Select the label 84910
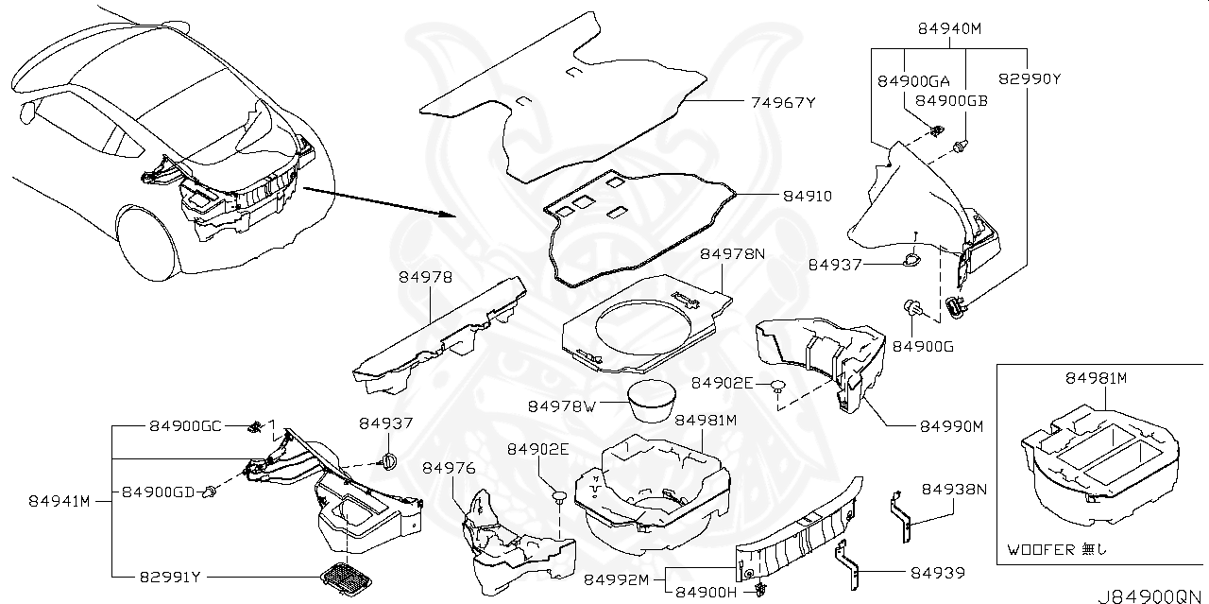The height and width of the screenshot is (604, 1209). [x=807, y=196]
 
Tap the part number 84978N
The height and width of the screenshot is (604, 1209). [x=732, y=254]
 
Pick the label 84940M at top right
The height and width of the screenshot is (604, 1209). [x=949, y=28]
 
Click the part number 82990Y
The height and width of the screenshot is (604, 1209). [x=1030, y=79]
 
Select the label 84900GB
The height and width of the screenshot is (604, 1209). [x=952, y=100]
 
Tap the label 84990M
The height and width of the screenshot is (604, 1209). [x=952, y=426]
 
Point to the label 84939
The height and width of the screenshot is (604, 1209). [x=937, y=572]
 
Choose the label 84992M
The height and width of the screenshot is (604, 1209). [x=616, y=578]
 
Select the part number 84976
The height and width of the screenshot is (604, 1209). [x=449, y=468]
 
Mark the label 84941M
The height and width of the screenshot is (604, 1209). [x=59, y=500]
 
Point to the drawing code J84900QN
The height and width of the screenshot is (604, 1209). [x=1151, y=595]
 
